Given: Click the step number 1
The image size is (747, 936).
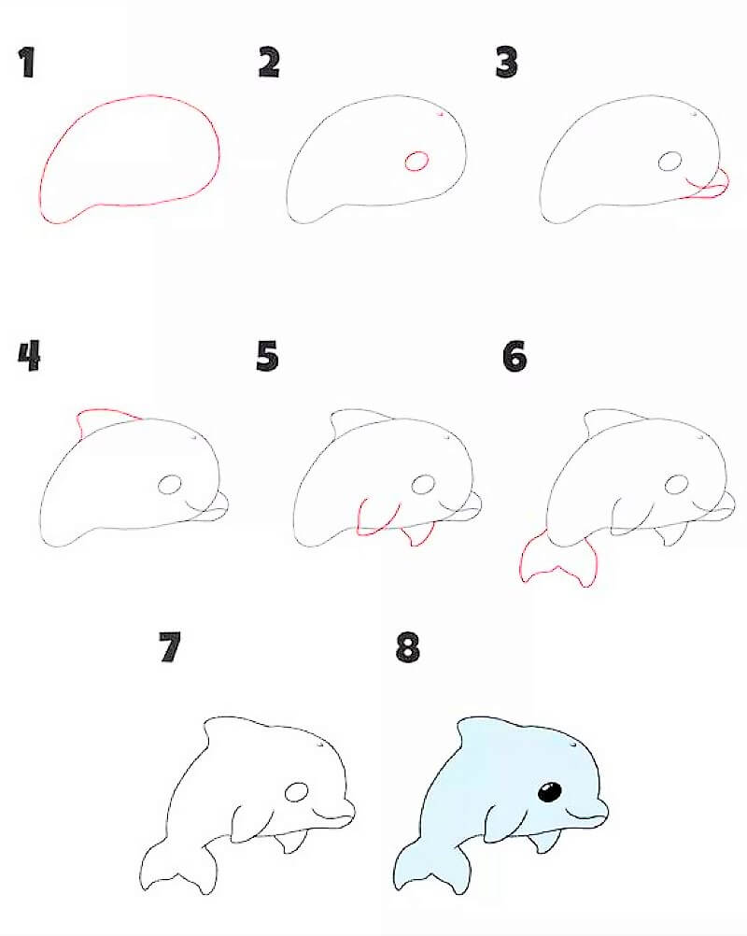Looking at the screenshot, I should coord(27,63).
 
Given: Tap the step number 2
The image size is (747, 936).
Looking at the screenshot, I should coord(270,63).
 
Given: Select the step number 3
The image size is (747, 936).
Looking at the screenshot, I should coord(507,63).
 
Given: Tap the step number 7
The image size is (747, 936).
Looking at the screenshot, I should coord(169,647).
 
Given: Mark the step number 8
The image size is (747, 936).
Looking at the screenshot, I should coord(408,647).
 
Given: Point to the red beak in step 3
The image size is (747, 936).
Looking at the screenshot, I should coord(707,187).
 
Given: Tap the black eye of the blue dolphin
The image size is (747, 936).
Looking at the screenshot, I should coord(550,793).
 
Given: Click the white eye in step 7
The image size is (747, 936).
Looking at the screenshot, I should coord(297,793).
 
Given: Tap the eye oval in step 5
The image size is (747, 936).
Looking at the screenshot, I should coord(424,485).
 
